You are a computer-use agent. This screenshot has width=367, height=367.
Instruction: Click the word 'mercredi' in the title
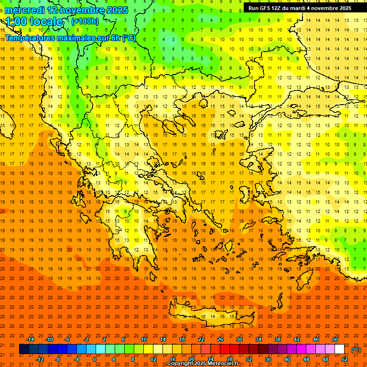(24, 10)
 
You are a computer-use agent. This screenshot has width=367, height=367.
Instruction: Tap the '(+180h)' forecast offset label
(85, 22)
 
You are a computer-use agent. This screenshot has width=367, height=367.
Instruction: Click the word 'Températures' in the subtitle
(30, 38)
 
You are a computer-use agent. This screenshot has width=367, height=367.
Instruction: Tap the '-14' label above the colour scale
(30, 339)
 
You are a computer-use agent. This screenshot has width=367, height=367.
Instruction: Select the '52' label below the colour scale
(345, 359)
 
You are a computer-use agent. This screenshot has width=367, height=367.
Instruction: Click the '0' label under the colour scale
(95, 359)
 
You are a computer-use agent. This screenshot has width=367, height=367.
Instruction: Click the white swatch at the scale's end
(339, 349)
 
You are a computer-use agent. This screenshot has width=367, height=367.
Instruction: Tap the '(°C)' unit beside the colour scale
(356, 350)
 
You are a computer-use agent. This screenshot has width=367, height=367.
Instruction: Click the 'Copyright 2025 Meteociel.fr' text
(203, 364)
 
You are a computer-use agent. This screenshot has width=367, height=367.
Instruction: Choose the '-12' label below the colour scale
(40, 359)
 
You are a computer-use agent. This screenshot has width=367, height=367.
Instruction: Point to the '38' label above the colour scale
(277, 339)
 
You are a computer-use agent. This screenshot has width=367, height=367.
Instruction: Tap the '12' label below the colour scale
(153, 359)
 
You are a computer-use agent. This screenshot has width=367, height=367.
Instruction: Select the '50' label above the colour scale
(335, 339)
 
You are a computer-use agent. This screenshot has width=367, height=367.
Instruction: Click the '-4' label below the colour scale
(76, 359)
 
